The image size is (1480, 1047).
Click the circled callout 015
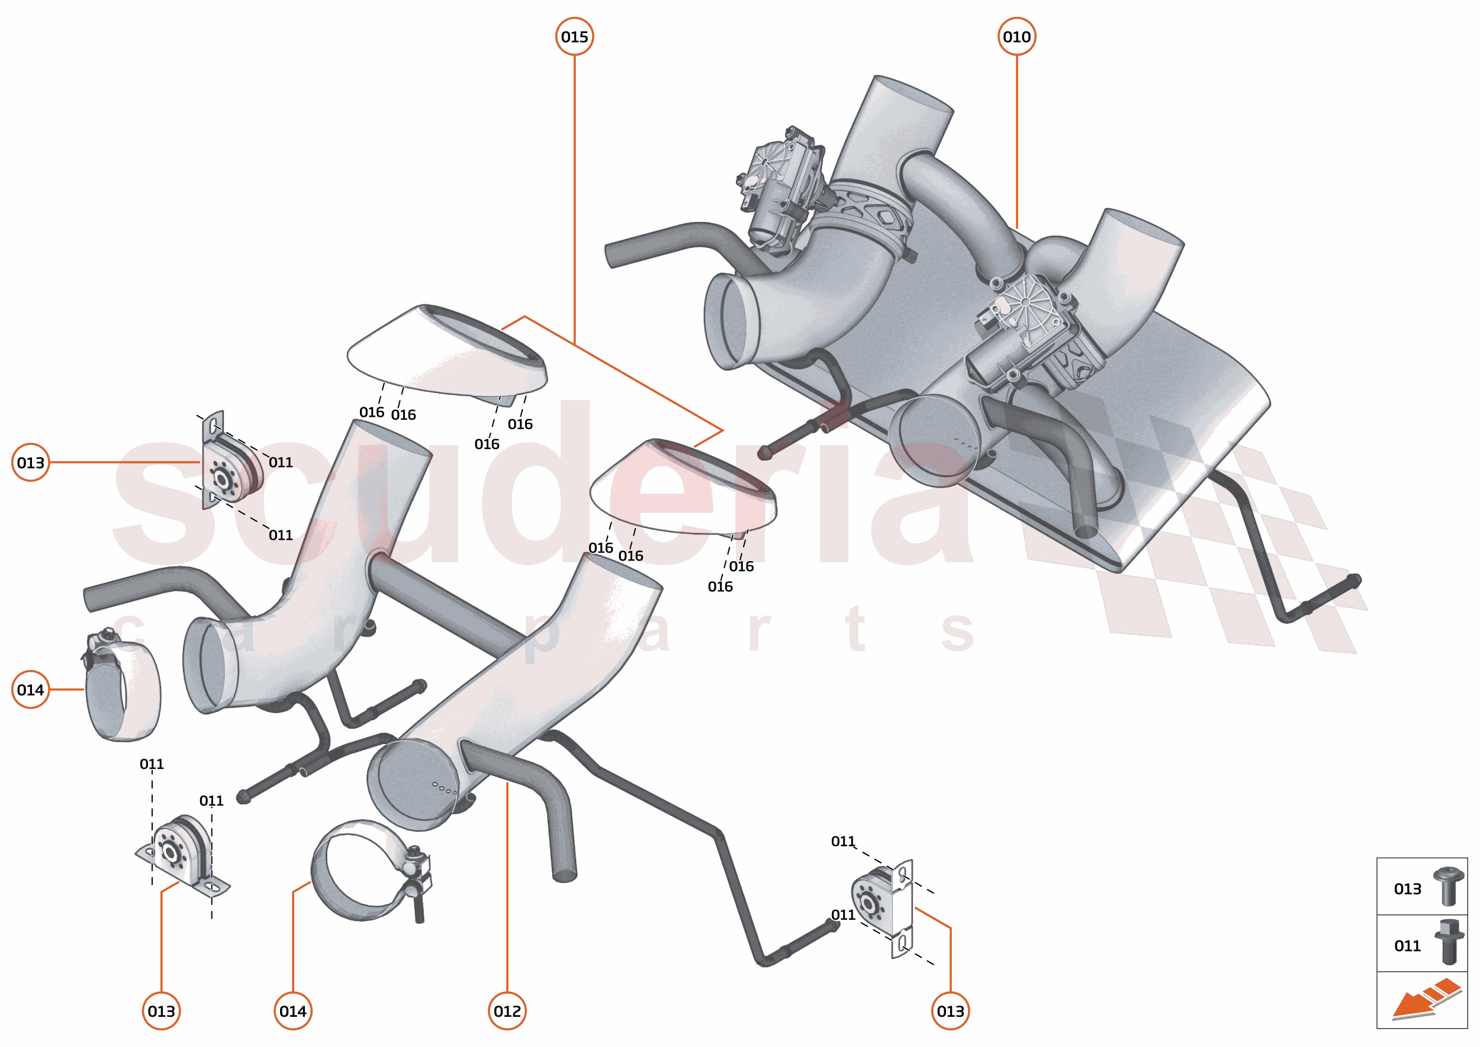(574, 37)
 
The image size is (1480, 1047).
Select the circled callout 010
(1016, 37)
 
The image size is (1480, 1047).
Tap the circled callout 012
(507, 1011)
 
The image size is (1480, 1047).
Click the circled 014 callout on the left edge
(30, 690)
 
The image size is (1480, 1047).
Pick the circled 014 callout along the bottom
(293, 1011)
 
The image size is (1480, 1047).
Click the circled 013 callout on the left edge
(30, 462)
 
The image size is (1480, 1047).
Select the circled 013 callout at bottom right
(950, 1011)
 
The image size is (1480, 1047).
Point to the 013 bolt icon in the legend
(1448, 887)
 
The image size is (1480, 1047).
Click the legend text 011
(1407, 946)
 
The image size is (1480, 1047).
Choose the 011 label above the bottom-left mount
(152, 764)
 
